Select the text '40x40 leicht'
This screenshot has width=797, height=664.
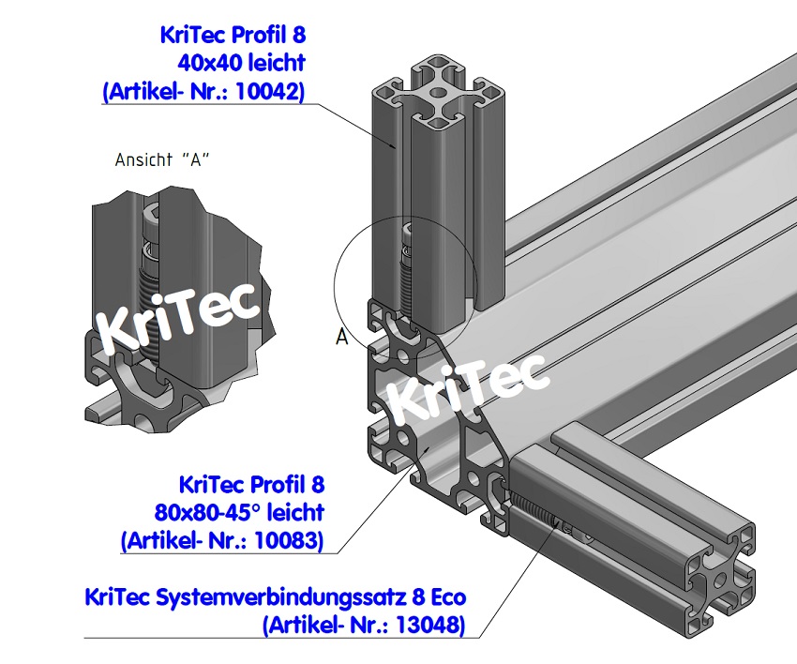pos(241,64)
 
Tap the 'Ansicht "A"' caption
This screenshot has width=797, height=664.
pos(161,158)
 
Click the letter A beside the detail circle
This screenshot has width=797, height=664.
pos(341,337)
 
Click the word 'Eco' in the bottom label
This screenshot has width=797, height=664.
pos(441,596)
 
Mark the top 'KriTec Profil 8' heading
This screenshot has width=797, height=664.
pos(233,36)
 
